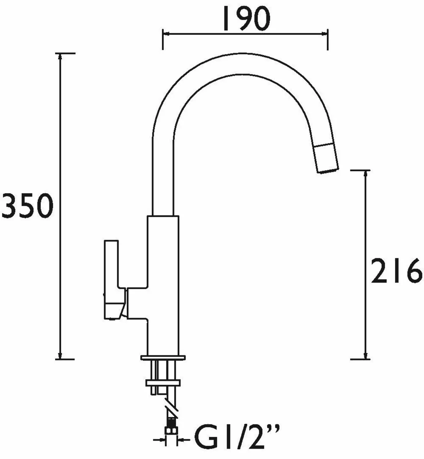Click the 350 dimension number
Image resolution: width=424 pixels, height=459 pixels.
tap(26, 207)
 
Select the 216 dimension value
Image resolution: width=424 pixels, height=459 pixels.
tap(396, 271)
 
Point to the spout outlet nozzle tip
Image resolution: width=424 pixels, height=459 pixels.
tap(327, 161)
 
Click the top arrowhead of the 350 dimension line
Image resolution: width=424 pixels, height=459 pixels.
tap(60, 56)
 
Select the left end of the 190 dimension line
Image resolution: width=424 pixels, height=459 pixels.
tap(163, 34)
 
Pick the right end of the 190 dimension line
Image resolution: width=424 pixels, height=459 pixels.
tap(327, 34)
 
